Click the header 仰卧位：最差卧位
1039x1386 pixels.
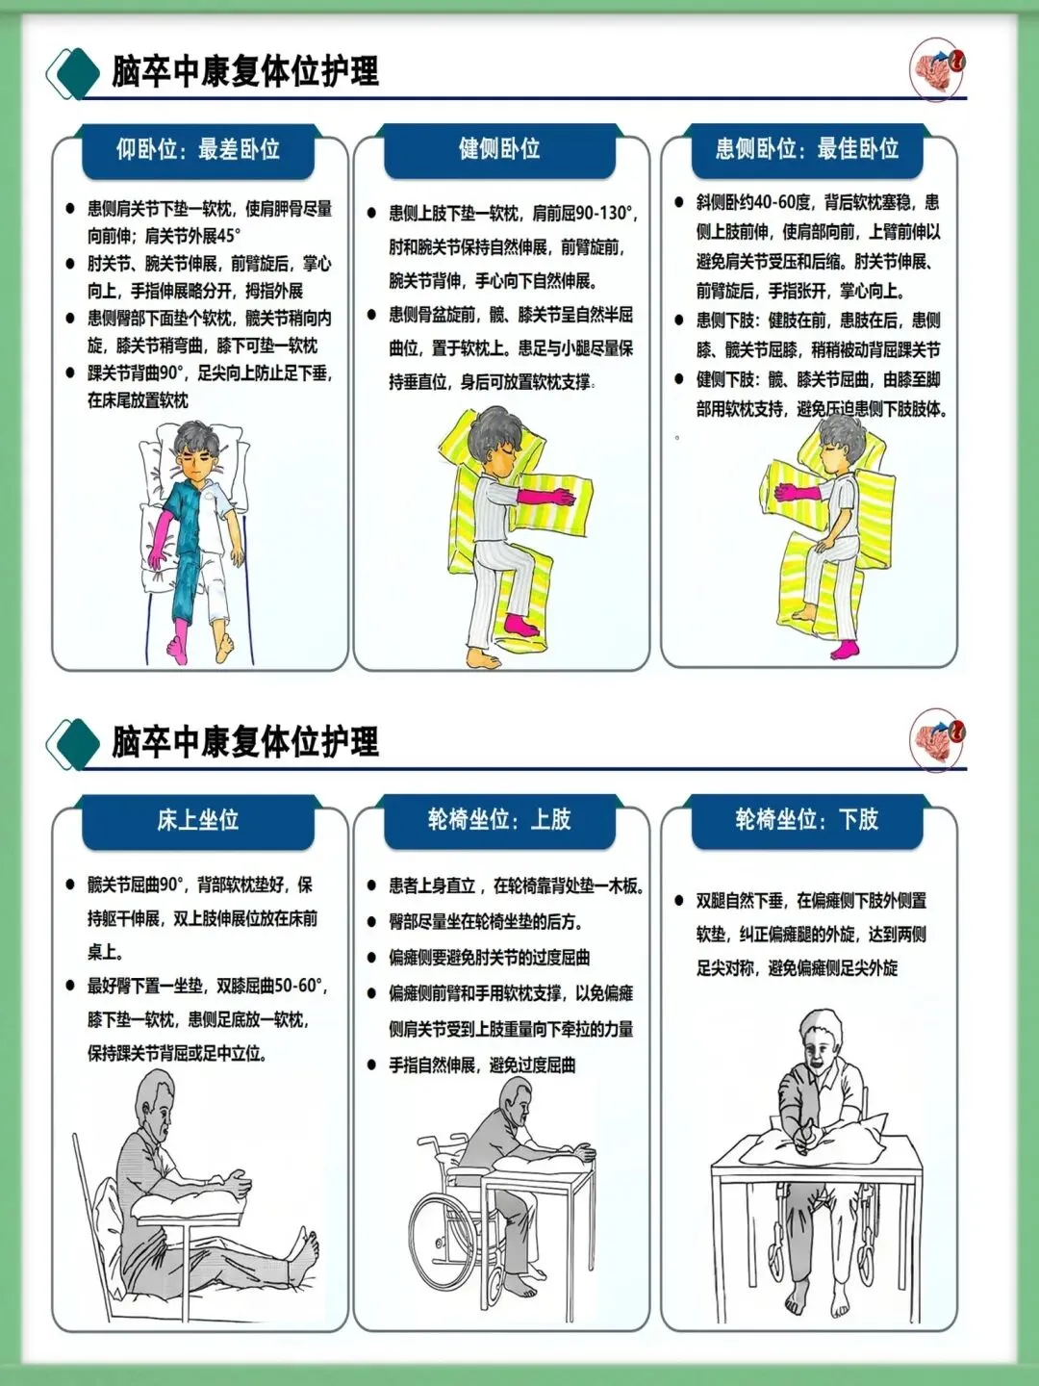pos(198,149)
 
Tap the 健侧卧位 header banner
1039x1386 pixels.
pos(499,149)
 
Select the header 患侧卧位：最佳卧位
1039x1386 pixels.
pos(807,149)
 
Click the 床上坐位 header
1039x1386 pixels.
pos(198,820)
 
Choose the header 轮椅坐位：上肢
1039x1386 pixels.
pos(499,820)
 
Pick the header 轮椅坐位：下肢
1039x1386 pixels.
pos(807,820)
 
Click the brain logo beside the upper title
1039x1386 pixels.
pos(937,68)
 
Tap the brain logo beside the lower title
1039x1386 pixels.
pos(937,739)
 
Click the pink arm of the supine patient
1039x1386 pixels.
pos(158,539)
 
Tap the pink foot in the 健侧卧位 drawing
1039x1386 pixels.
pos(521,625)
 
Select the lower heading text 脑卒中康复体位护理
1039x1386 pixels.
pos(245,741)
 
